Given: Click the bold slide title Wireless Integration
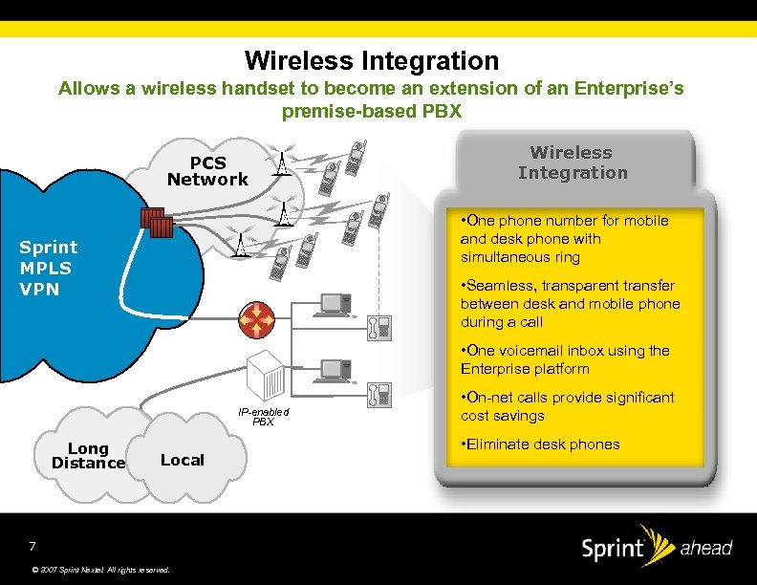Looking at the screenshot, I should (372, 61).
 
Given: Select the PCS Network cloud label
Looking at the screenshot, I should (207, 171).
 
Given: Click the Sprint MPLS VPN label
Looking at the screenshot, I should (49, 268).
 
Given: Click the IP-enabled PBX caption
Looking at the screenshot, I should (263, 416).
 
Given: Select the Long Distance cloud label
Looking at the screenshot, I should (88, 456).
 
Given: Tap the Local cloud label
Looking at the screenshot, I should (182, 460).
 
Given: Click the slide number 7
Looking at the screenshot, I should (32, 547).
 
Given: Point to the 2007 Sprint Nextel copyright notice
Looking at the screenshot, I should (100, 571).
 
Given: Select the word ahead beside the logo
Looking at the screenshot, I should (705, 549).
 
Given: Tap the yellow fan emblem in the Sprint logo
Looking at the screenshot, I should (657, 540).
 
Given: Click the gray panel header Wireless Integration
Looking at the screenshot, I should (573, 162).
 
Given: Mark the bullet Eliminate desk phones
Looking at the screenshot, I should (540, 444).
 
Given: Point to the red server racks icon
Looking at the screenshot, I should (156, 223).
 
